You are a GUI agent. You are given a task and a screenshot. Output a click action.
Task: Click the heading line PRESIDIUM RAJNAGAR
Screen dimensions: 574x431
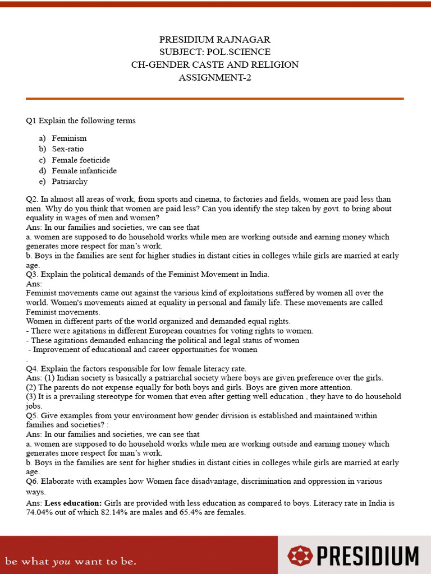tap(215, 39)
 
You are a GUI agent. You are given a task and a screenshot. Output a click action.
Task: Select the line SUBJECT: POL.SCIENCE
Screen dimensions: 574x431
tap(215, 52)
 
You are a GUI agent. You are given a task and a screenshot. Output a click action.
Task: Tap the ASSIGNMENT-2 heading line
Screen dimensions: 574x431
tap(215, 77)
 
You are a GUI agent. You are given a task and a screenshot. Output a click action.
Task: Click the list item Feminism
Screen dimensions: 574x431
tap(69, 138)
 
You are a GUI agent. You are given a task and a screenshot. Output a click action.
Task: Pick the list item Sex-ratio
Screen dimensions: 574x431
tap(68, 149)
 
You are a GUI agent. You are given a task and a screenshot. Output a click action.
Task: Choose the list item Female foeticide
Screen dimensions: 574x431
tap(81, 160)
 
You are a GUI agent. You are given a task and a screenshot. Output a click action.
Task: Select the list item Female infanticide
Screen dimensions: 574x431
tap(84, 171)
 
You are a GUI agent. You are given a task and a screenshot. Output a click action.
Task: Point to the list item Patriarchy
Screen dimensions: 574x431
tap(70, 182)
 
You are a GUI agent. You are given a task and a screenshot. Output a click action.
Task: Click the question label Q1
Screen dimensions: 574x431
tap(31, 121)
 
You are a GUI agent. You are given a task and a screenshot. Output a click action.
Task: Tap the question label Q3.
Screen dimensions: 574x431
tap(32, 275)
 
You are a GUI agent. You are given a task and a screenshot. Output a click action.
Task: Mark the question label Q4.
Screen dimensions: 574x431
tap(32, 368)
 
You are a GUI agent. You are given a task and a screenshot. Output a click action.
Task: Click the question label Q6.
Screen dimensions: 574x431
tap(32, 482)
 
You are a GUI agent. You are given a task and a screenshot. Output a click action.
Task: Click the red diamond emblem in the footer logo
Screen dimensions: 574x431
tap(300, 556)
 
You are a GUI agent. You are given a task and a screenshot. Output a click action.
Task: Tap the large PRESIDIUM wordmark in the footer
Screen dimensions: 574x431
tap(367, 556)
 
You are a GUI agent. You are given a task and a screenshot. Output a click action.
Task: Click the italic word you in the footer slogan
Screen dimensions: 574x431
tap(59, 560)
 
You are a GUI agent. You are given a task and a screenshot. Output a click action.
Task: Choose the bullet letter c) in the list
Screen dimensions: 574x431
tap(42, 160)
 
